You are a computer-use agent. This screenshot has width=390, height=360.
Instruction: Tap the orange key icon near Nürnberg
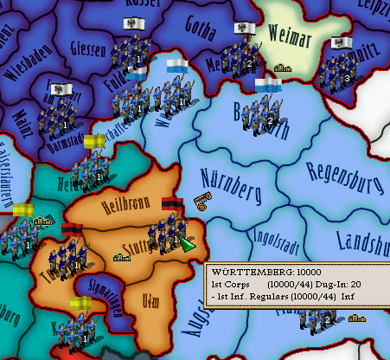(x=201, y=202)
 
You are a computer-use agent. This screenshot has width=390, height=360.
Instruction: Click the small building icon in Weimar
(x=282, y=67)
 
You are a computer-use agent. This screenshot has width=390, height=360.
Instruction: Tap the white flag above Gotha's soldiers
(x=246, y=29)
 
